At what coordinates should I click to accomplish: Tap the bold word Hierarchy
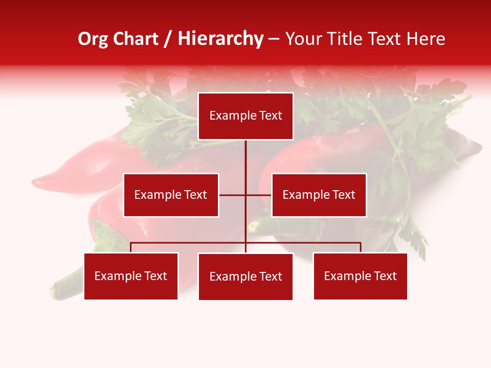coord(220,39)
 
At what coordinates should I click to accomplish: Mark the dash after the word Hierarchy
coord(274,40)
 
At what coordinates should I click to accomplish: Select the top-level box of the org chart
coord(245,116)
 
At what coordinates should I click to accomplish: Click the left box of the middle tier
coord(171,195)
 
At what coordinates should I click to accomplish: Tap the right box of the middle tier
coord(319,195)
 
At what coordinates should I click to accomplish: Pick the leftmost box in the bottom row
coord(131,276)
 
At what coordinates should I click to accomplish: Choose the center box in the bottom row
coord(245,277)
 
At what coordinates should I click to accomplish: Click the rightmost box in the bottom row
coord(360,276)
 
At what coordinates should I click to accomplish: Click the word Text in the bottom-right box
coord(385,276)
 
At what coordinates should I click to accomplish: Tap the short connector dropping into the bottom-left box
coord(131,247)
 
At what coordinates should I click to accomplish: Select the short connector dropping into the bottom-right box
coord(361,247)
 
